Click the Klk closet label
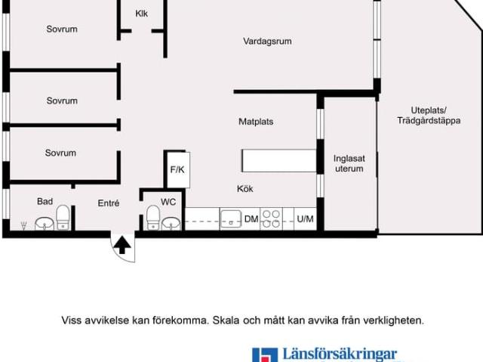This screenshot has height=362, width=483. tap(142, 14)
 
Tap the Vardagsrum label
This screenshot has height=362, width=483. tap(267, 42)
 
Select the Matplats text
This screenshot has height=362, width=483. tap(256, 121)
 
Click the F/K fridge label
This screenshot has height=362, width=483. tap(177, 169)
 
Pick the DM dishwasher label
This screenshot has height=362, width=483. tap(251, 219)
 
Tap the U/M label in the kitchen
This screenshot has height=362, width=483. tap(305, 219)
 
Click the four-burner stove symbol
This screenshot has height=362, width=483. tap(271, 219)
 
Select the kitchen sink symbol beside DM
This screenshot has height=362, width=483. tap(231, 219)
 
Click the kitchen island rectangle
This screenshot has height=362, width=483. tap(278, 161)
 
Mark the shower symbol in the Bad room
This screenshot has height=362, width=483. tap(24, 224)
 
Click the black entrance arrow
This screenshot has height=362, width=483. tap(122, 243)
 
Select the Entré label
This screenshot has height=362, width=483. tap(109, 203)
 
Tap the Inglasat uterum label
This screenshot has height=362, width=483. tap(349, 163)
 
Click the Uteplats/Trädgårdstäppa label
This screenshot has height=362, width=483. tap(430, 115)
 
